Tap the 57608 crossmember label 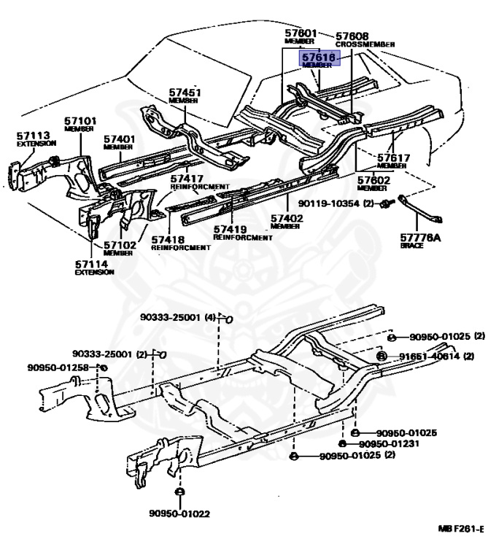tap(352, 36)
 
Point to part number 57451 tap(185, 93)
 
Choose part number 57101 tap(80, 120)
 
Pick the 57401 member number tap(119, 139)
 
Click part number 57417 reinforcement tap(187, 178)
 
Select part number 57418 tap(169, 239)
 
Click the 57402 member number tap(287, 218)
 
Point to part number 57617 tap(393, 157)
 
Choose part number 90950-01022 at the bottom tap(179, 513)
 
